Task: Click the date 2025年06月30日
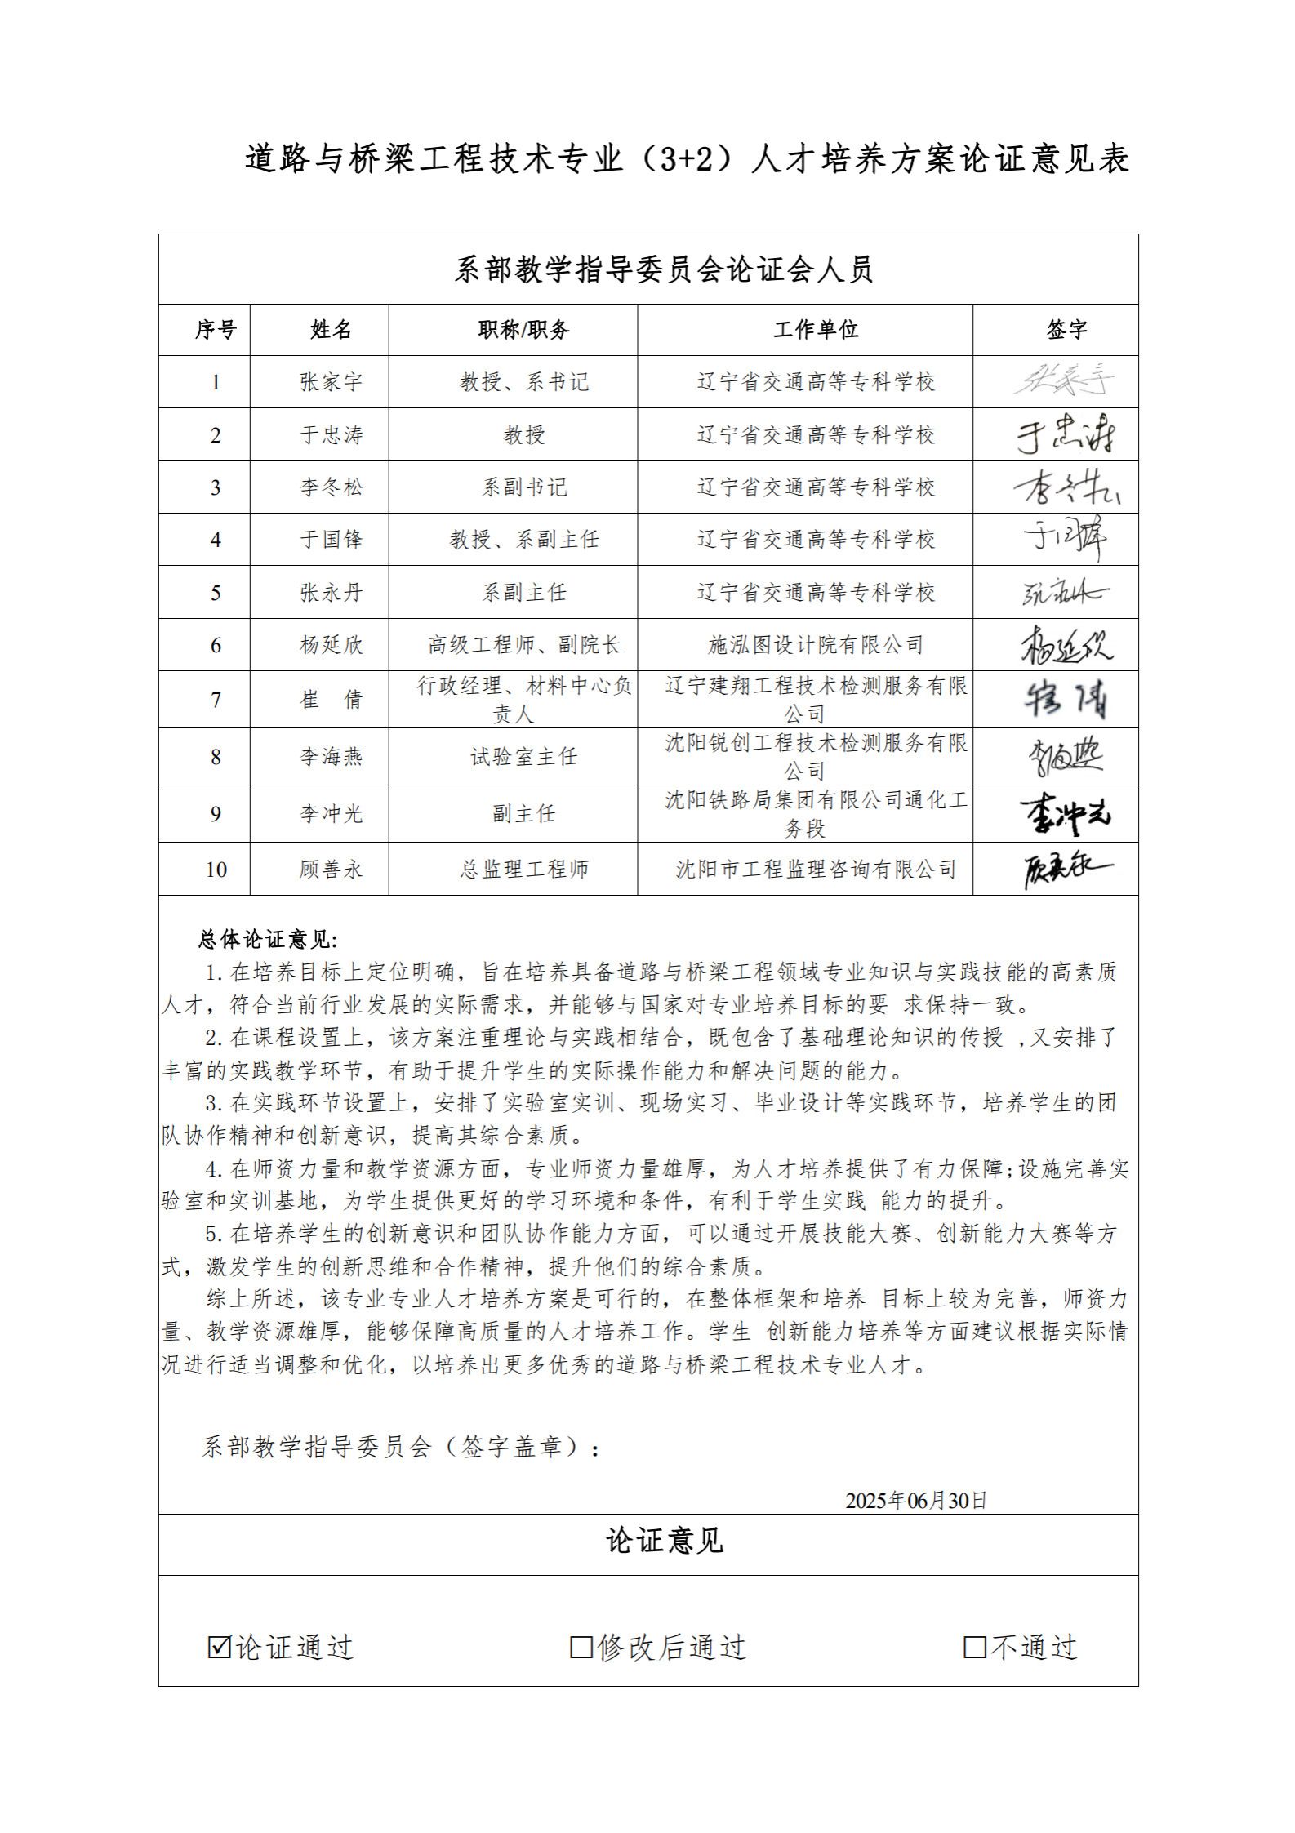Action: (916, 1500)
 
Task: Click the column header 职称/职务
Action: (523, 329)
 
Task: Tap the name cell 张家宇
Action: (331, 382)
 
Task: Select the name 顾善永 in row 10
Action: (331, 869)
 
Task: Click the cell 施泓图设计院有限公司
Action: (815, 645)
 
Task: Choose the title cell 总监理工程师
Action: (523, 869)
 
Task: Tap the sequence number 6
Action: (216, 645)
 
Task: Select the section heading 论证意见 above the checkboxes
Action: (664, 1541)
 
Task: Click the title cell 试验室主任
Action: (523, 757)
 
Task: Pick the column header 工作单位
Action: (815, 329)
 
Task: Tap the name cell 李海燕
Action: (331, 757)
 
